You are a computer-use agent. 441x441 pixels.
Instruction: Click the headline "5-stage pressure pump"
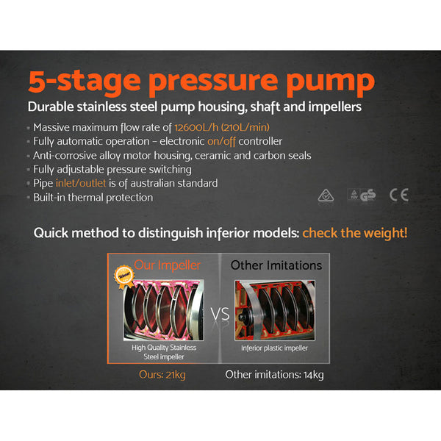(201, 80)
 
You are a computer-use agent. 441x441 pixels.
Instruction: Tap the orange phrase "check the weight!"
(355, 233)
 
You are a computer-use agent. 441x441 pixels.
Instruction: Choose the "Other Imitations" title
(276, 264)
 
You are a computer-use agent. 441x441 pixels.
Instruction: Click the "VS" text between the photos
(219, 314)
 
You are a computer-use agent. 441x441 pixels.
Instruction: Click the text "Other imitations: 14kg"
(274, 374)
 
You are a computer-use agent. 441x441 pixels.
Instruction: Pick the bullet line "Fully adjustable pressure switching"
(112, 169)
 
